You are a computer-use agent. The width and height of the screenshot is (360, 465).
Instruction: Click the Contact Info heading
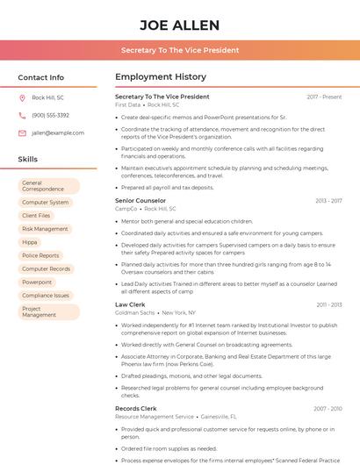[41, 77]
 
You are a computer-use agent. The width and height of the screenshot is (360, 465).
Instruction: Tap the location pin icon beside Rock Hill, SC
[22, 97]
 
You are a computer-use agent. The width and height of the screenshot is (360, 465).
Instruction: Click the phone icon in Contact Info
[22, 115]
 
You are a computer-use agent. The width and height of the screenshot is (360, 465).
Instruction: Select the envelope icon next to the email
[22, 132]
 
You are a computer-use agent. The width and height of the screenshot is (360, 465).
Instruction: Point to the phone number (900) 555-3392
[50, 115]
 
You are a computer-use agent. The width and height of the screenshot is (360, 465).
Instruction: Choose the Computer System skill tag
[46, 202]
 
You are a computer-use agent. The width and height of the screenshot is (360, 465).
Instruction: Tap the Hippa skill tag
[31, 242]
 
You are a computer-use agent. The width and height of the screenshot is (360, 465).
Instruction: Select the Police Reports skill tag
[41, 255]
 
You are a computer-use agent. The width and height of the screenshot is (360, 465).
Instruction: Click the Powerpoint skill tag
[38, 282]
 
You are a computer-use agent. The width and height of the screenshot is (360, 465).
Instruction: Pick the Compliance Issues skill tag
[46, 295]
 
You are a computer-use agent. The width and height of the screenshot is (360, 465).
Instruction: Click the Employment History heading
[161, 77]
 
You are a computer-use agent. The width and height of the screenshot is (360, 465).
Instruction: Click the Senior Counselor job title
[140, 200]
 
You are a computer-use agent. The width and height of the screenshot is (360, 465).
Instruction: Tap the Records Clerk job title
[136, 408]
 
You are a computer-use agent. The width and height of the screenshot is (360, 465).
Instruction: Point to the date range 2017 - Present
[324, 97]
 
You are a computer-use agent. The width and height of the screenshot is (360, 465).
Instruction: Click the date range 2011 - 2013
[328, 304]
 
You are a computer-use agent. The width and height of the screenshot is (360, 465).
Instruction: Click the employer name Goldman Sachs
[135, 312]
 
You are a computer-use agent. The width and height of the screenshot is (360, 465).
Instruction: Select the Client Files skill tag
[37, 215]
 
